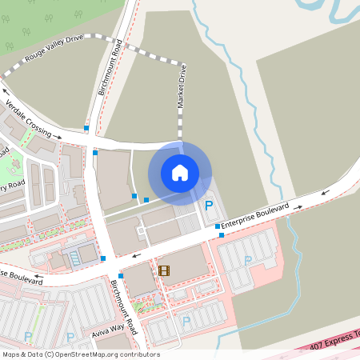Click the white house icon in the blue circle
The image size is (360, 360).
click(180, 173)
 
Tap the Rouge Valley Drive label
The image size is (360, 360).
click(54, 48)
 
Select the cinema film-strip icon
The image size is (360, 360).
click(164, 271)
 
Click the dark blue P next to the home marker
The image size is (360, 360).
click(210, 206)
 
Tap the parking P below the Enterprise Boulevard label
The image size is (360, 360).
click(247, 260)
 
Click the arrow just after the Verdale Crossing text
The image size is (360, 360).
click(58, 137)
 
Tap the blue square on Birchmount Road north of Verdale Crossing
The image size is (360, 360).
click(86, 128)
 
